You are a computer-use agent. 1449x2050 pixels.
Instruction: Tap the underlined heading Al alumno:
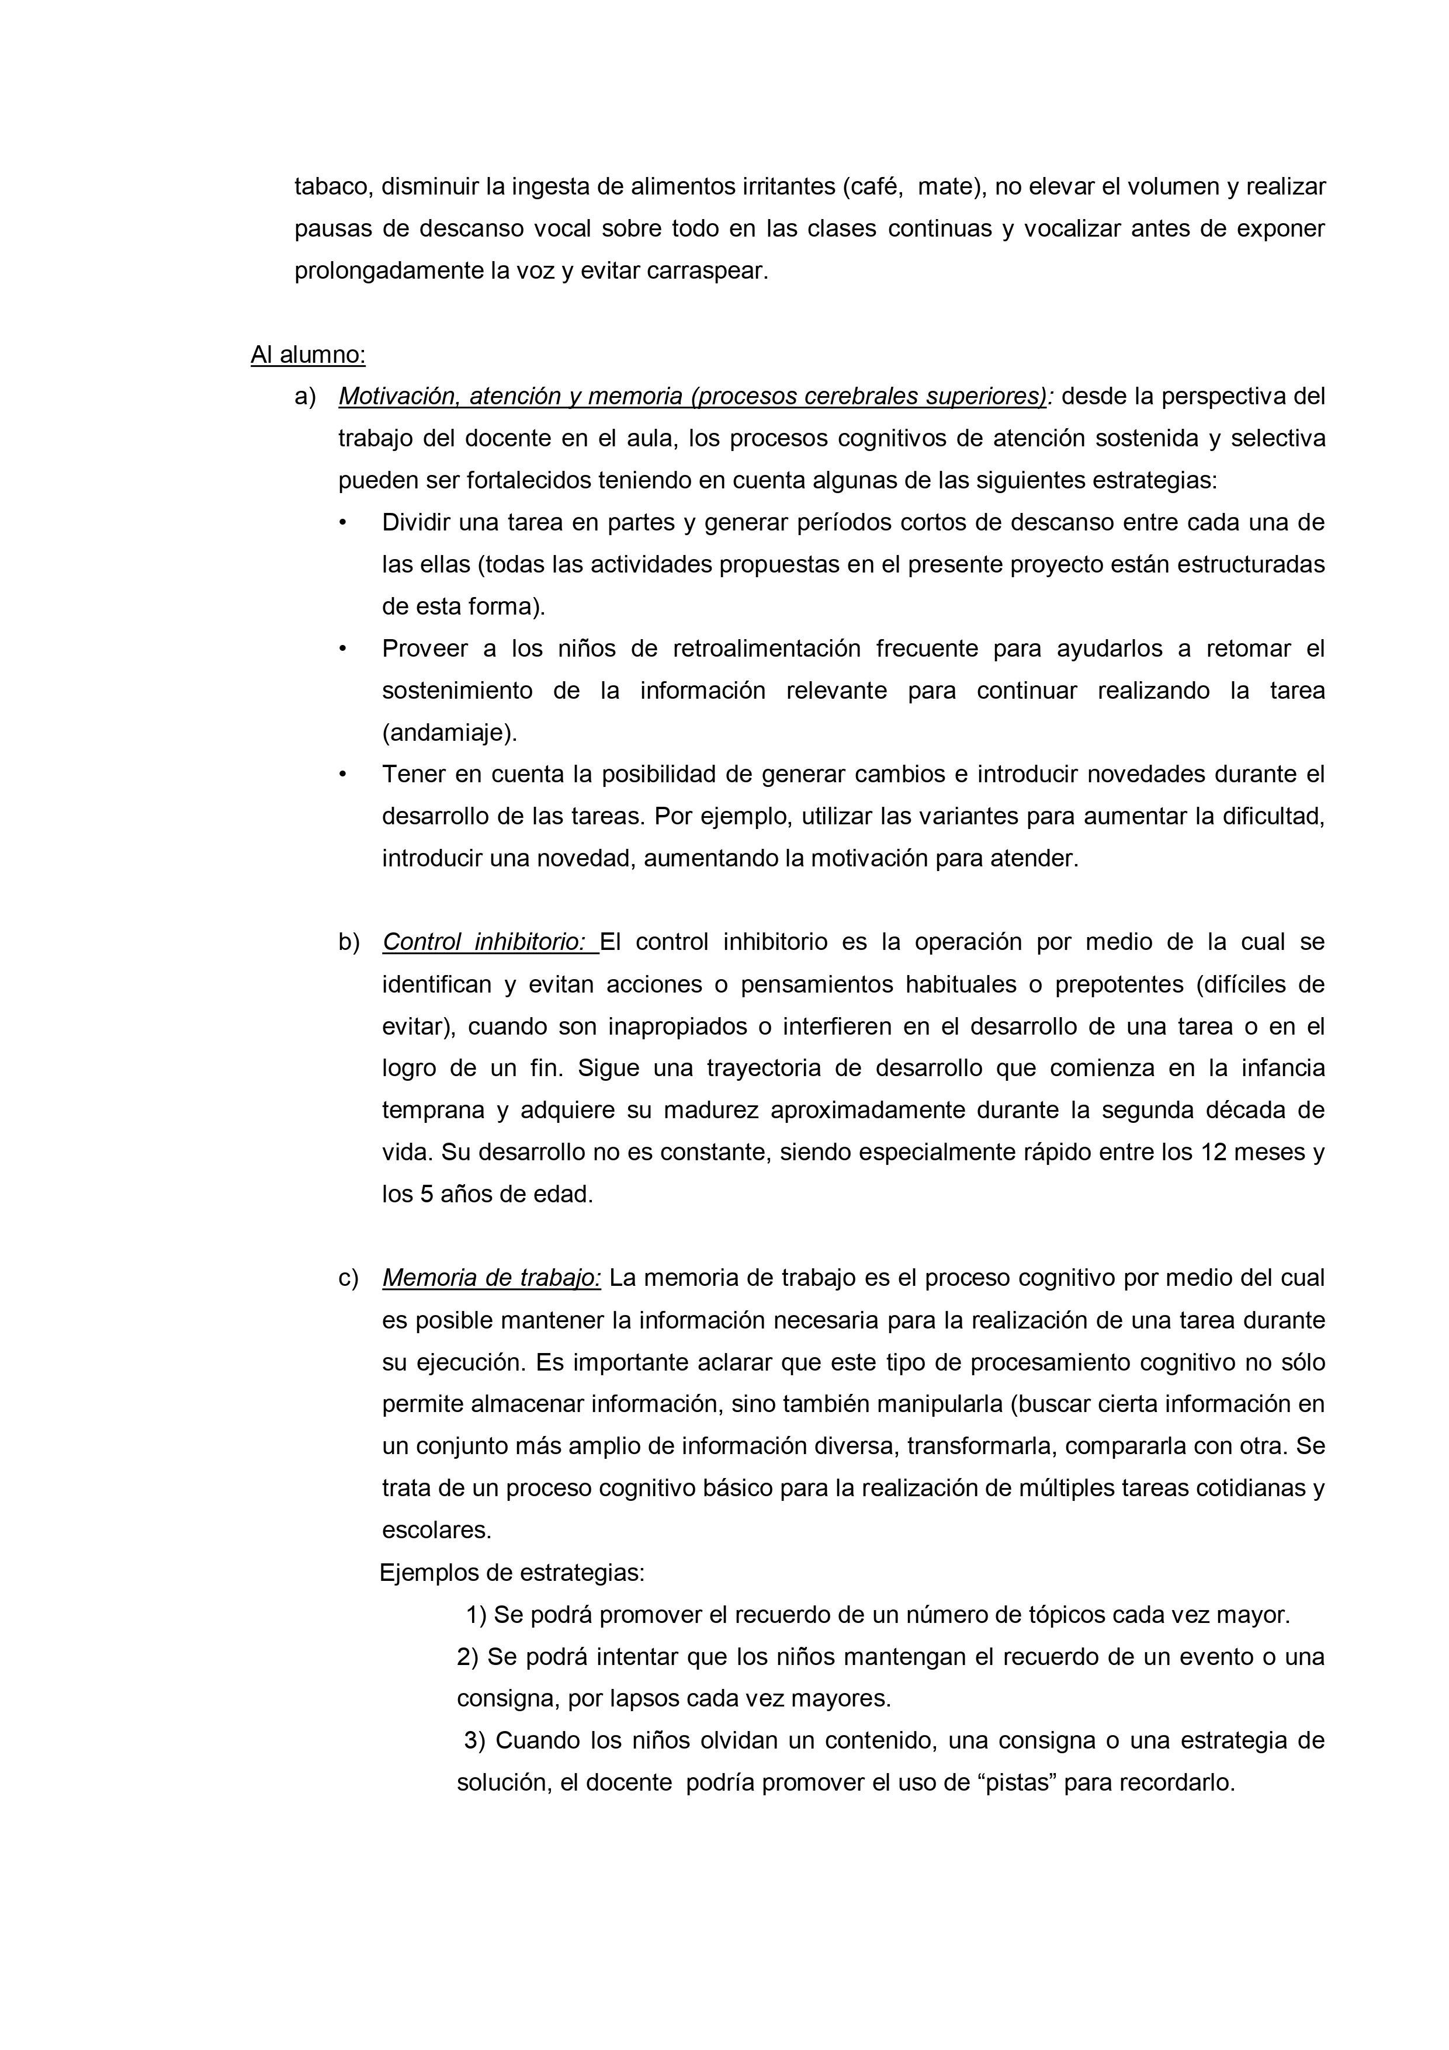pos(308,355)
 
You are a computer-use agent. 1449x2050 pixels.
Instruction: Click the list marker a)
pos(306,397)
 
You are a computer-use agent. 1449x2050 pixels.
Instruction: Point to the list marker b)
pos(349,942)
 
